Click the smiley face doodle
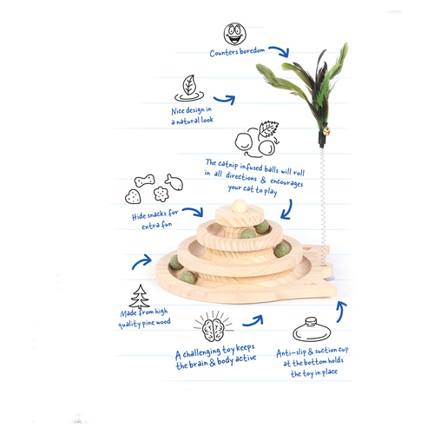pos(235,34)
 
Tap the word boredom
pos(252,51)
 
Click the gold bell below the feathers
pos(326,132)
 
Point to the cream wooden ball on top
pos(240,207)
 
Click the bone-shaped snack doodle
pos(144,181)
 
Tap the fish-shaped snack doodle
pos(174,182)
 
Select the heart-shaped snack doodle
pos(133,196)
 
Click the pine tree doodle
pos(140,296)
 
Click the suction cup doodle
pos(312,330)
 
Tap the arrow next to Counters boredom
pos(280,50)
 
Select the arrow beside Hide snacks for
pos(194,211)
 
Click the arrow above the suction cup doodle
pos(341,311)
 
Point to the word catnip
pos(227,164)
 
